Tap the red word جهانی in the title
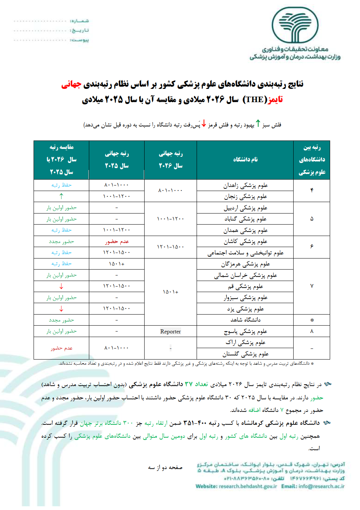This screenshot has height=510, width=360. click(x=71, y=84)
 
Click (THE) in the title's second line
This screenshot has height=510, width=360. click(x=255, y=100)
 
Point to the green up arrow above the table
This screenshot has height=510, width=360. click(x=258, y=124)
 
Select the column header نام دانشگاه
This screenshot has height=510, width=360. click(x=245, y=159)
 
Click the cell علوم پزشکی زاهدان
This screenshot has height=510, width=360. click(x=245, y=185)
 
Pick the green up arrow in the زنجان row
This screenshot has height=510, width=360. click(x=61, y=196)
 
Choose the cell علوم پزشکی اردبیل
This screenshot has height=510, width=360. click(x=245, y=208)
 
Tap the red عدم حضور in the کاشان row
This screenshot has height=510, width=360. click(x=117, y=242)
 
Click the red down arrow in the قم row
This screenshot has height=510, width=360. click(x=61, y=286)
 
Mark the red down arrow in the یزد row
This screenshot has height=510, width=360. click(x=61, y=309)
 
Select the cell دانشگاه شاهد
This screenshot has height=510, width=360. click(x=245, y=320)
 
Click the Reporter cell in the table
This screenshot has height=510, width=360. click(x=170, y=332)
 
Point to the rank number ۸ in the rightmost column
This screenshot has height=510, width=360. click(x=312, y=331)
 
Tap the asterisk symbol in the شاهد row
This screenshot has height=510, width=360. click(x=312, y=320)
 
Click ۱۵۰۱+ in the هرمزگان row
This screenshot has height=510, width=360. click(x=117, y=264)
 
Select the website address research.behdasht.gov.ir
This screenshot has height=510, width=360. click(x=247, y=486)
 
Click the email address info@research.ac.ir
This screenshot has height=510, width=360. click(x=322, y=486)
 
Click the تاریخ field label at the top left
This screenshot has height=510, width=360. click(x=80, y=30)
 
